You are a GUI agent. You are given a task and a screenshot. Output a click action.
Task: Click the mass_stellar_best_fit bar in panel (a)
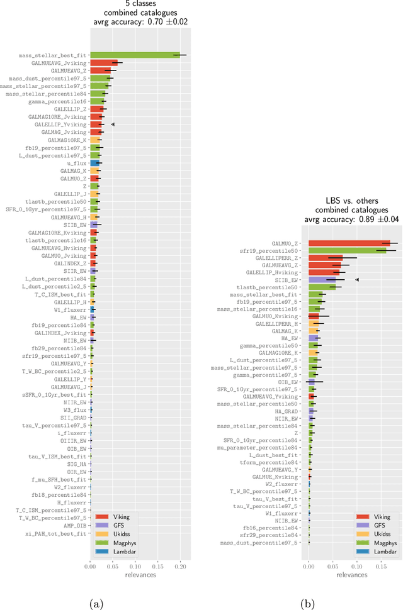click(x=135, y=55)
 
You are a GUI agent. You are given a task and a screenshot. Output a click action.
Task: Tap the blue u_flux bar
click(x=95, y=163)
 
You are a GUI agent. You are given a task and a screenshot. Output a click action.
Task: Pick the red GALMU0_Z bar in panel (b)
click(x=349, y=243)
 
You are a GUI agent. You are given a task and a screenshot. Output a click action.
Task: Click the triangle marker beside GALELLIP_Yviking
click(x=113, y=125)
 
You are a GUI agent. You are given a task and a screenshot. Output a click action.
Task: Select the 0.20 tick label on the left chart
click(x=181, y=548)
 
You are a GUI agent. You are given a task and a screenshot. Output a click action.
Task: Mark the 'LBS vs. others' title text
click(x=352, y=201)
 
